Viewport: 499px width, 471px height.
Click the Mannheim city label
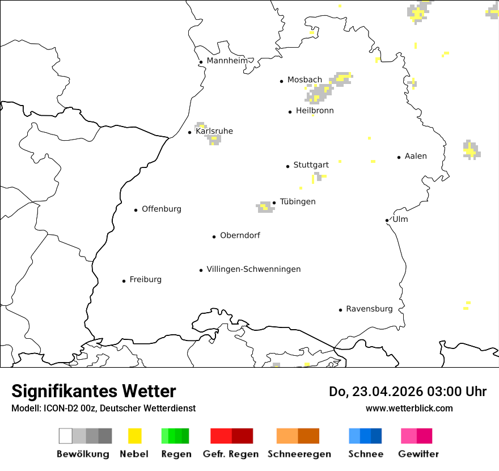pos(227,61)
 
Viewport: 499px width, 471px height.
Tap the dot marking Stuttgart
pos(287,166)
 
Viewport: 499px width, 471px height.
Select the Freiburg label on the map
pos(145,279)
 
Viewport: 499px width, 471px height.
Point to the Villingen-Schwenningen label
pos(253,269)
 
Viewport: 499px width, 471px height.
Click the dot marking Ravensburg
pos(340,310)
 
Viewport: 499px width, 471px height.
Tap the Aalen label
pos(416,156)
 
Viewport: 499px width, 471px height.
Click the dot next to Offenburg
pos(136,210)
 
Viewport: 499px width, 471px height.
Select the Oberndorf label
pos(240,235)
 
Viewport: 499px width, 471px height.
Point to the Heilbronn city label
pos(315,111)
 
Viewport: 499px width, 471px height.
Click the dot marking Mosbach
pos(281,81)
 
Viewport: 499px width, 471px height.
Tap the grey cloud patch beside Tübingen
pos(264,207)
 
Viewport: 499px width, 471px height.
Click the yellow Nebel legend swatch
pos(134,436)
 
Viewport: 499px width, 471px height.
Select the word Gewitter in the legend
pos(418,454)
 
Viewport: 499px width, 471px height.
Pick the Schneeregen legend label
pos(299,454)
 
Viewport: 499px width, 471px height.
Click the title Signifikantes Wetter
pos(94,392)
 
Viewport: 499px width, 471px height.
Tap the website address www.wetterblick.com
pos(409,408)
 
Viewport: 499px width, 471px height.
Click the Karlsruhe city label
pos(214,131)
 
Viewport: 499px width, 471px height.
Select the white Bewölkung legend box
pos(65,436)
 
